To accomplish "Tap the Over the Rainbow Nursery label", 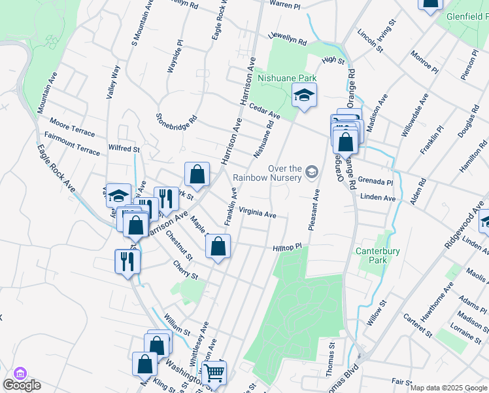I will [x=266, y=172].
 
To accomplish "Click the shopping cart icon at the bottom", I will [x=214, y=373].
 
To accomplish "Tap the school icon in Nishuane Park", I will [x=304, y=95].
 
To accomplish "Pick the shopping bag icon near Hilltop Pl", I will [x=218, y=247].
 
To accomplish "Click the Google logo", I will [x=22, y=385].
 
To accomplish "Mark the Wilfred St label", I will [x=125, y=149].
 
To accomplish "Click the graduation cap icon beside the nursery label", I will [x=311, y=172].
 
